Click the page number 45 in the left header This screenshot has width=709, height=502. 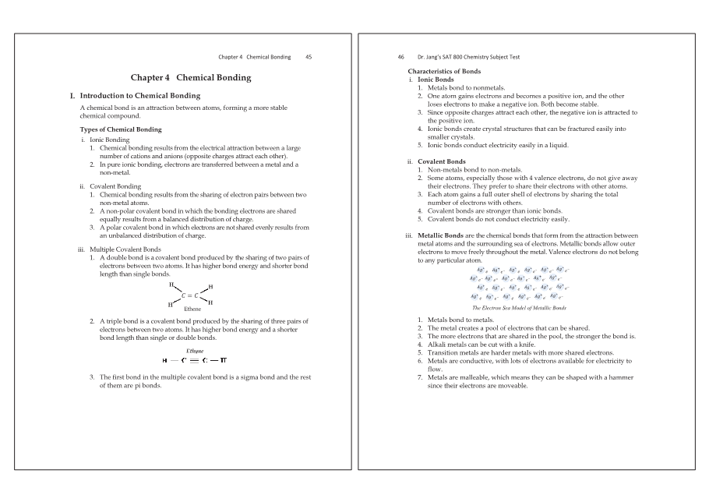tap(309, 57)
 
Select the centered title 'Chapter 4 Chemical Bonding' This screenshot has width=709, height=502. tap(191, 78)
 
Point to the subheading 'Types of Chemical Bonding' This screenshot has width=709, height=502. tap(121, 129)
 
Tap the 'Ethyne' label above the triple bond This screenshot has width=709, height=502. tap(185, 351)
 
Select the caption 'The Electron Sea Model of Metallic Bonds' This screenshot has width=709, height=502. tap(519, 308)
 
